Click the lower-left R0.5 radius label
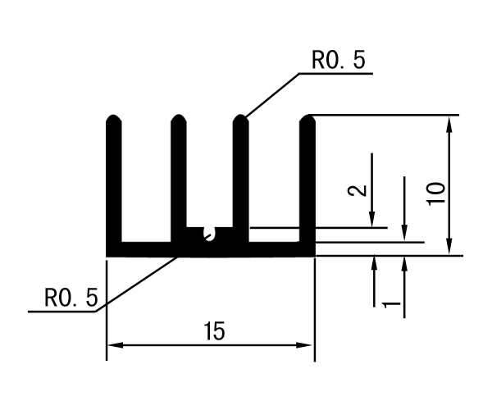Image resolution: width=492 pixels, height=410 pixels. click(x=71, y=298)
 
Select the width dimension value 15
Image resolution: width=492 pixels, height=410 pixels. click(x=215, y=331)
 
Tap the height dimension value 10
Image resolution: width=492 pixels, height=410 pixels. click(x=436, y=194)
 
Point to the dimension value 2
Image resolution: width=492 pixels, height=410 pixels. click(x=358, y=190)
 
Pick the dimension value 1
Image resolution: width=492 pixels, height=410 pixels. click(x=391, y=304)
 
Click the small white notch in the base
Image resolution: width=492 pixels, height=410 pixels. click(x=210, y=234)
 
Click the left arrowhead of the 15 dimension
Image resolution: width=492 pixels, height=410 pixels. click(x=115, y=345)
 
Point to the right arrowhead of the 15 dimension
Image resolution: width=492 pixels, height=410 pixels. click(x=303, y=345)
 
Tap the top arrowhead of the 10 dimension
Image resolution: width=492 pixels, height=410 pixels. click(x=449, y=123)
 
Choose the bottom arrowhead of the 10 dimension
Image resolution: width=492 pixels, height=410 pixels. click(x=449, y=247)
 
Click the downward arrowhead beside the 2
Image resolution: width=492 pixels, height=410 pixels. click(x=372, y=219)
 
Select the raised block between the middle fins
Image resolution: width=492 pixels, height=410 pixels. click(x=210, y=235)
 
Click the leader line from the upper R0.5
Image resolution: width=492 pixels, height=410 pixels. click(x=271, y=95)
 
